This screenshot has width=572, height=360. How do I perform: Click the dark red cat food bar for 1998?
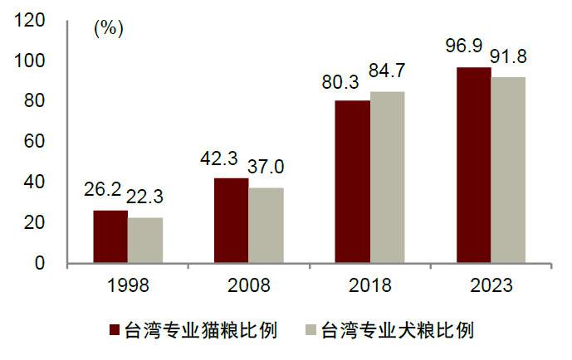(x=110, y=236)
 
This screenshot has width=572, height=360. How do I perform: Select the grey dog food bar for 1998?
(x=145, y=241)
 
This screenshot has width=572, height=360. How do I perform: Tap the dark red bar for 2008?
(x=232, y=221)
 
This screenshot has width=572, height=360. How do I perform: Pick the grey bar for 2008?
(x=266, y=226)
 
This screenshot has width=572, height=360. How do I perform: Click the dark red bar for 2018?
(x=353, y=182)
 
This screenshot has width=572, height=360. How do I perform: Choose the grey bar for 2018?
(x=387, y=178)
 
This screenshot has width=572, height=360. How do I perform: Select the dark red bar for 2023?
(x=474, y=165)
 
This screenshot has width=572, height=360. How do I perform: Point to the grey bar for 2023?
(x=508, y=170)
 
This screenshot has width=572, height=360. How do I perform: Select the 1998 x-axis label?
(x=128, y=286)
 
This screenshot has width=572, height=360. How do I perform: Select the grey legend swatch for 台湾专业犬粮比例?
(x=310, y=330)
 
